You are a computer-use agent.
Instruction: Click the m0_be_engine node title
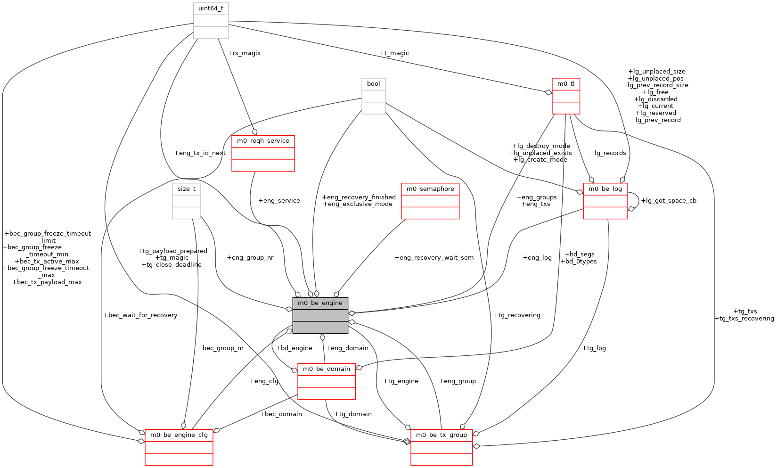pyautogui.click(x=320, y=303)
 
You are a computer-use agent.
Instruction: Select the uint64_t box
pyautogui.click(x=211, y=8)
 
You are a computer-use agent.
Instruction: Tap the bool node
pyautogui.click(x=374, y=84)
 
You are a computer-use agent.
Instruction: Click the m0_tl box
pyautogui.click(x=566, y=84)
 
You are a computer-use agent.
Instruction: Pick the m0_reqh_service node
pyautogui.click(x=263, y=141)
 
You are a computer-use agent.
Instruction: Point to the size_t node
pyautogui.click(x=187, y=189)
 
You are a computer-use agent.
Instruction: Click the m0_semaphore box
pyautogui.click(x=430, y=189)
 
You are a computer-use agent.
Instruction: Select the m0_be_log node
pyautogui.click(x=605, y=189)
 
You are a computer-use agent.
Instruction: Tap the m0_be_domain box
pyautogui.click(x=327, y=369)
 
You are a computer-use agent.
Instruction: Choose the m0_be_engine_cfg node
pyautogui.click(x=179, y=435)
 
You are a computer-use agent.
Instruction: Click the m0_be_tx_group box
pyautogui.click(x=442, y=435)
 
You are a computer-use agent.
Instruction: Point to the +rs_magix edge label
pyautogui.click(x=244, y=53)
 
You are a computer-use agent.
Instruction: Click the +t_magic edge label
pyautogui.click(x=394, y=53)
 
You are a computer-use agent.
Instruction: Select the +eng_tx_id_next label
pyautogui.click(x=200, y=153)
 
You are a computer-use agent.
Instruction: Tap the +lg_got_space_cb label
pyautogui.click(x=669, y=201)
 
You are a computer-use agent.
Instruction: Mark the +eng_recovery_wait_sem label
pyautogui.click(x=434, y=258)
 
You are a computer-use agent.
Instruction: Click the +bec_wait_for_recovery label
pyautogui.click(x=140, y=315)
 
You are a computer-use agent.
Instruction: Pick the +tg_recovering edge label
pyautogui.click(x=517, y=315)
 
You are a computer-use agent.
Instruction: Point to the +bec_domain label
pyautogui.click(x=281, y=414)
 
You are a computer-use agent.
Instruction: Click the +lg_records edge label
pyautogui.click(x=608, y=153)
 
